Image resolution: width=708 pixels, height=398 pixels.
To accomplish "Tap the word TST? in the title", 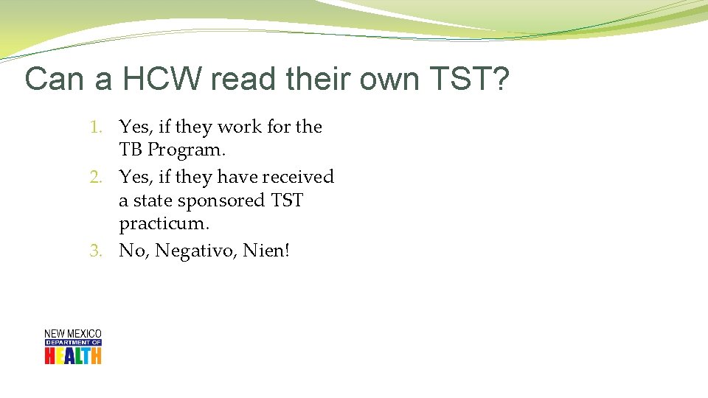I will coord(471,79).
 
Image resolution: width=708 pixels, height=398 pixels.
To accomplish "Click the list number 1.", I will coord(96,128).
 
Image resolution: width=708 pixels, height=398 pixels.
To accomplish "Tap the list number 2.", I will coord(95,178).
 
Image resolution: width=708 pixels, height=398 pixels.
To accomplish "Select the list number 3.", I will coord(95,251).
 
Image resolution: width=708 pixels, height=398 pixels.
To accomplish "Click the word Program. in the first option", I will coord(186,150).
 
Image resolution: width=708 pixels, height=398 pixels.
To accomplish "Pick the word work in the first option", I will coord(240,128).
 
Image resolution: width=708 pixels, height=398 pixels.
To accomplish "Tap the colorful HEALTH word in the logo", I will coord(73,356).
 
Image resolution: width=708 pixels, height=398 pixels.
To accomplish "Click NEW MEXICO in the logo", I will coord(73,334).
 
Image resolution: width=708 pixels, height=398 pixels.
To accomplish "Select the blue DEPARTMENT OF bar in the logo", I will coord(73,343).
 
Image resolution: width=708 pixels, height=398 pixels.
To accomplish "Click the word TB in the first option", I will coord(131,150).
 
